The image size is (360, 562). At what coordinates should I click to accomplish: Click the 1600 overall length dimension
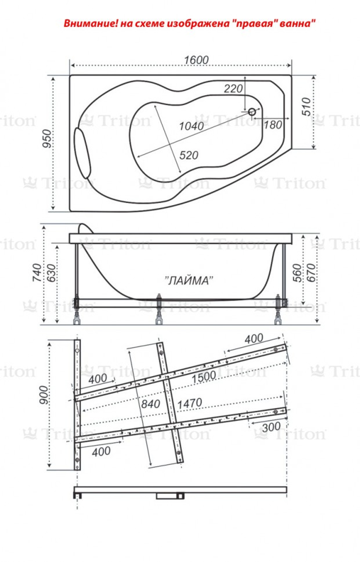196,60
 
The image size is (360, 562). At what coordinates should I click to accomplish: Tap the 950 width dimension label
47,139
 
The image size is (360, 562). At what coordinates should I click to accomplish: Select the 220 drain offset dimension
233,89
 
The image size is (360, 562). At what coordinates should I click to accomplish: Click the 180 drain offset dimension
273,125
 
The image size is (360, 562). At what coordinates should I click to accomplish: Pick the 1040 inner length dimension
191,126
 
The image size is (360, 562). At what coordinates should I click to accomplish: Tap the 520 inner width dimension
189,155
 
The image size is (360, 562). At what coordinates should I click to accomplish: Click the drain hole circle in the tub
252,112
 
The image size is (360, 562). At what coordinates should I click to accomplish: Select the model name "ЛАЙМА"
189,281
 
